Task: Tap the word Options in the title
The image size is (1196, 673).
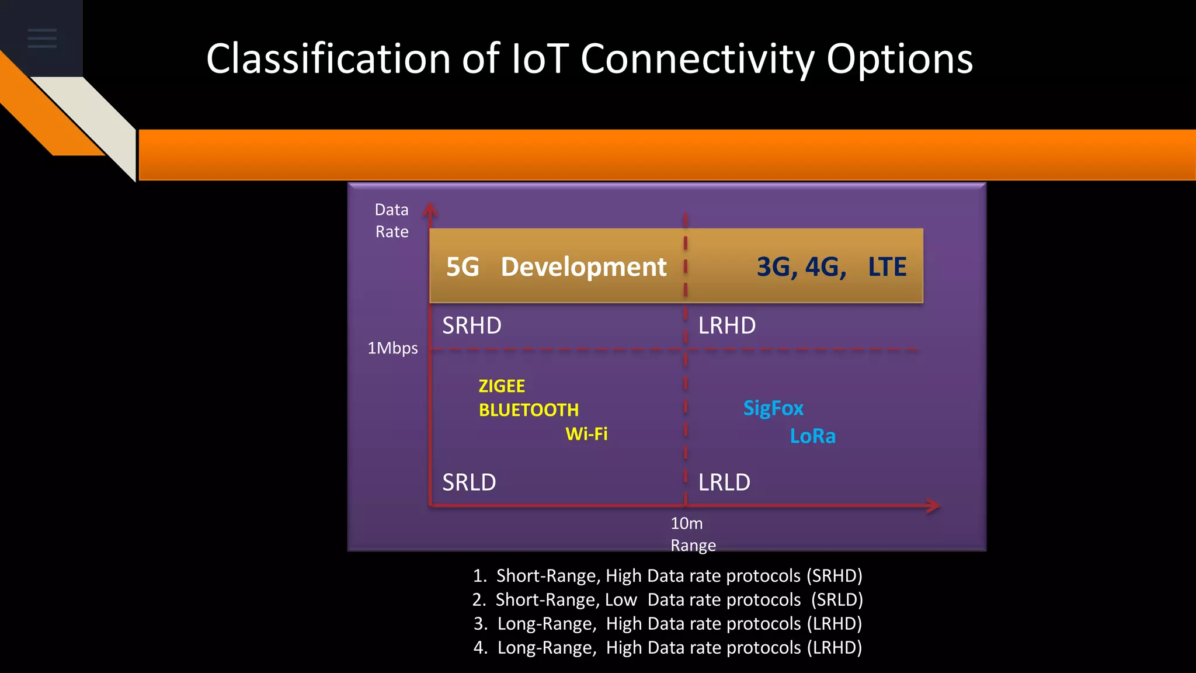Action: point(899,60)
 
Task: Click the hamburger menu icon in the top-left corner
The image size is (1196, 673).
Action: point(42,38)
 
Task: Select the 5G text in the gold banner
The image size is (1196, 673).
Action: point(463,267)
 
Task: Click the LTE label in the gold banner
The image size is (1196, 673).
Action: point(886,267)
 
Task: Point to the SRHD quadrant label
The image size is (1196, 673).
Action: point(472,325)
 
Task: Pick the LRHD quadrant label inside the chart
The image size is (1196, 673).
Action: point(727,325)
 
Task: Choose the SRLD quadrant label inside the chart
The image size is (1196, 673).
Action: point(469,483)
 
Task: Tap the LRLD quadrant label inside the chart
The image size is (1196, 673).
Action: point(724,483)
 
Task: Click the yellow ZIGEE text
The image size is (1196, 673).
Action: point(502,386)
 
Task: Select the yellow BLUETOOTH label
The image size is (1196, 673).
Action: point(529,410)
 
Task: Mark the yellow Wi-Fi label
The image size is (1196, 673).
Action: point(586,434)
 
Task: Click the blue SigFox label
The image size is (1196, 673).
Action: point(773,408)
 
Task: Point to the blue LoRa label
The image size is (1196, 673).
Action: point(812,436)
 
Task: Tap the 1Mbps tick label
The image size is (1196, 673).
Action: point(392,348)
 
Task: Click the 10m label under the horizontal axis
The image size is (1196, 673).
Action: point(686,523)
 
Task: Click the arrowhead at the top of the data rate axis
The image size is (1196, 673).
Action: point(430,209)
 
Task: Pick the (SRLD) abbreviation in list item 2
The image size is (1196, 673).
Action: point(837,600)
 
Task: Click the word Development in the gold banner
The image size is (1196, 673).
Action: point(583,267)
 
